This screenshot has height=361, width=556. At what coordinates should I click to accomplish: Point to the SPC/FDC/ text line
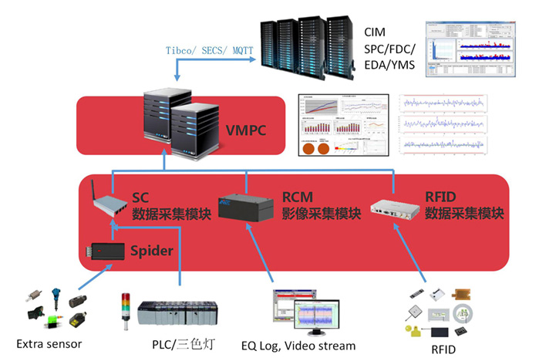point(389,49)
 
